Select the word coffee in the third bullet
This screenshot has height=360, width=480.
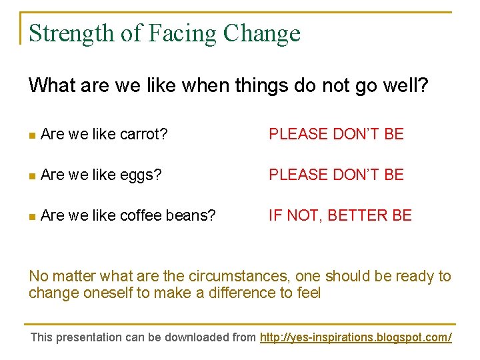[x=139, y=215]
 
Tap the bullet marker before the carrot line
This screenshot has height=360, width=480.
[x=32, y=135]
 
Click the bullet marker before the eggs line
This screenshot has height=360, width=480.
[x=32, y=175]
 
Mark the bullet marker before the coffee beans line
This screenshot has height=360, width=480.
[x=32, y=216]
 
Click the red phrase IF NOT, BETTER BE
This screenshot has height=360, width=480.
[x=340, y=215]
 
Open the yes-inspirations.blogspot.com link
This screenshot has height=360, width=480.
[x=355, y=337]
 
